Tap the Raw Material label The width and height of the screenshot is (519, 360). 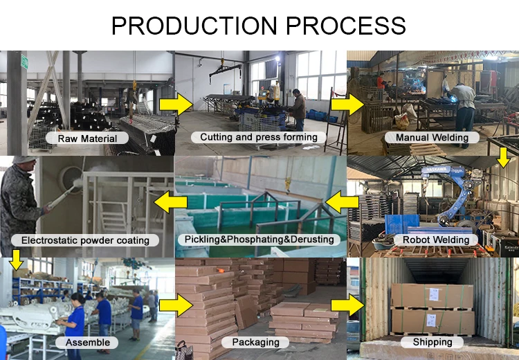87,138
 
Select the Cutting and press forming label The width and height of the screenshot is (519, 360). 259,137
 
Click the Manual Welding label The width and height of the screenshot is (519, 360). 432,137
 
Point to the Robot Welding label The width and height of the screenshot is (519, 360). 432,240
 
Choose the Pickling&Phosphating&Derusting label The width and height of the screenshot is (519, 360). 259,239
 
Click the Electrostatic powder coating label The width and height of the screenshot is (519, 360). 86,240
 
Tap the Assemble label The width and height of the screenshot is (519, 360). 87,342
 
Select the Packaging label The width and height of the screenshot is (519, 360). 256,342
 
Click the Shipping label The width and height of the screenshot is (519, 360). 432,341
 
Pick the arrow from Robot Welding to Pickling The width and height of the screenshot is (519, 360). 343,203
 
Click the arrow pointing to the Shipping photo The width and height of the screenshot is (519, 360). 347,305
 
